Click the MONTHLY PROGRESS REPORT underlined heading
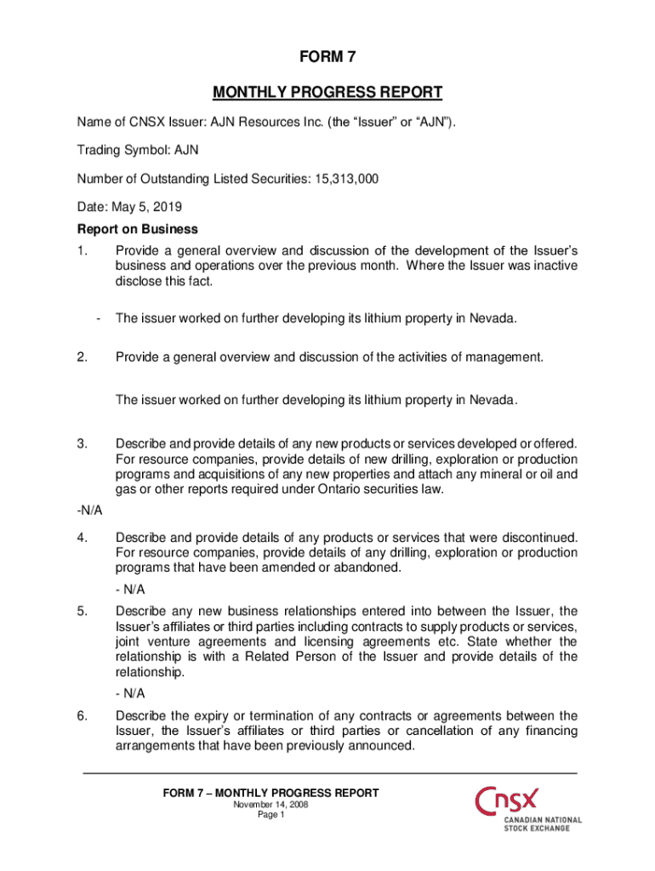(x=327, y=92)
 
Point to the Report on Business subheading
(x=137, y=229)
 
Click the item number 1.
(x=83, y=251)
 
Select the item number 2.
(x=83, y=357)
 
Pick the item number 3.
(x=83, y=443)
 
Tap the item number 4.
(x=83, y=537)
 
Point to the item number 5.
(x=83, y=611)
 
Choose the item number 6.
(x=83, y=715)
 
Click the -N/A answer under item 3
(x=89, y=510)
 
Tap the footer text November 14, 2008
(x=271, y=805)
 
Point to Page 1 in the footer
(x=271, y=816)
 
